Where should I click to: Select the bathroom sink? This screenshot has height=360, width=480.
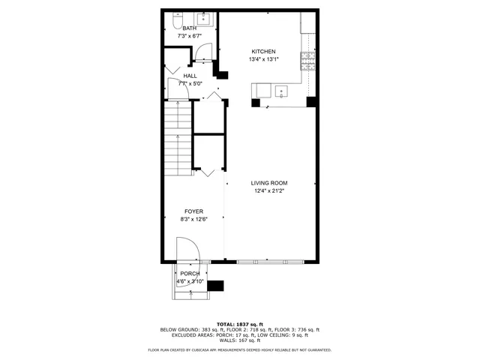coord(205,19)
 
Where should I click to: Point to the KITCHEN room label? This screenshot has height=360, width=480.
coord(262,52)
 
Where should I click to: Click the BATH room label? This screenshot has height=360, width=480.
coord(189,28)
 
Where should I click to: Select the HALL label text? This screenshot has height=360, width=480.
coord(190,76)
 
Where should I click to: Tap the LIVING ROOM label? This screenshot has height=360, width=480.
coord(268,183)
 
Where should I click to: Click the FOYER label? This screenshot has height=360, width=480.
coord(193,211)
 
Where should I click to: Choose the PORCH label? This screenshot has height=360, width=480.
coord(190,274)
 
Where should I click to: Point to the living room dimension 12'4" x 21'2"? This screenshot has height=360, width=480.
coord(268,191)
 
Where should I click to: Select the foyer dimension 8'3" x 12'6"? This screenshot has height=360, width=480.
coord(193,220)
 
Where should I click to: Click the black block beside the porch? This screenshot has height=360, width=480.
coord(215,285)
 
